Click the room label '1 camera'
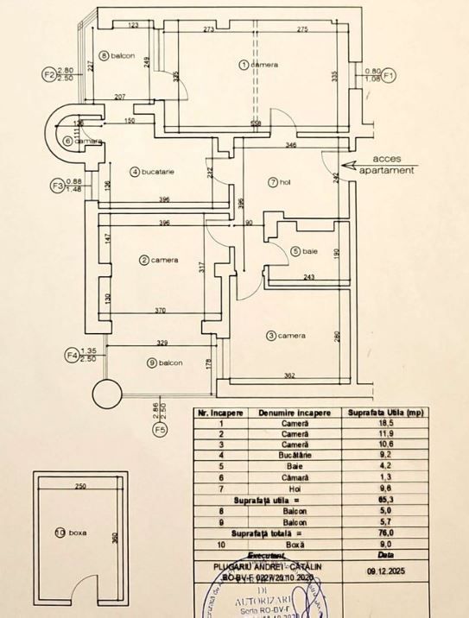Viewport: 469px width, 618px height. click(x=258, y=65)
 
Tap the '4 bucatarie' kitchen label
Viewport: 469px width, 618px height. click(x=153, y=172)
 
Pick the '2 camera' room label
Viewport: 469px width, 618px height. click(x=159, y=260)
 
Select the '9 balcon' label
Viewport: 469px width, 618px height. click(x=164, y=363)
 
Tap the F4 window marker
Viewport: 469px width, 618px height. click(x=72, y=354)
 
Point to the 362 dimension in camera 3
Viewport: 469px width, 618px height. click(x=290, y=375)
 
